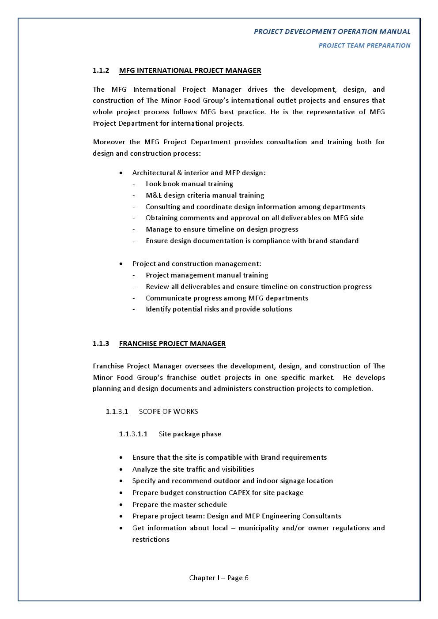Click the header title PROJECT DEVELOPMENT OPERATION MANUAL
pos(332,32)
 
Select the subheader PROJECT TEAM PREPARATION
pos(364,45)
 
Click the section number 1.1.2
pos(101,71)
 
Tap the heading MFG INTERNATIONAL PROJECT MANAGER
pos(190,71)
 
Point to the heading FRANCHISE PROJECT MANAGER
pos(172,344)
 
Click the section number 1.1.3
pos(101,344)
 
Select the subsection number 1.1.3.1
pos(117,412)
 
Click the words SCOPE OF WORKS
pos(168,412)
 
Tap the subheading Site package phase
pos(190,434)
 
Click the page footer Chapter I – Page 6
pos(219,578)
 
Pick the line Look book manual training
pos(189,184)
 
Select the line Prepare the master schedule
pos(179,505)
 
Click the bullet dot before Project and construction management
pos(121,264)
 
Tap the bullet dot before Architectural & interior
pos(121,173)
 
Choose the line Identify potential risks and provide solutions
pos(219,309)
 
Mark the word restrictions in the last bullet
pos(151,540)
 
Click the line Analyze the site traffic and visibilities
pos(193,469)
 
